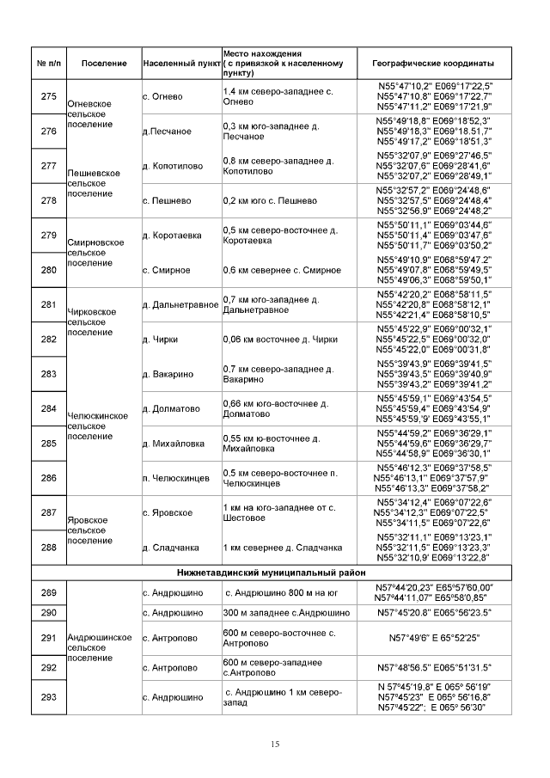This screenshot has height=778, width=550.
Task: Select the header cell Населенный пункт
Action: tap(180, 64)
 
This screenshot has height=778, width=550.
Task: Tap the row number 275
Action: tap(49, 96)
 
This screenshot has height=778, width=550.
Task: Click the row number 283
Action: tap(49, 374)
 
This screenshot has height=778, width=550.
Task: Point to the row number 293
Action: tap(49, 697)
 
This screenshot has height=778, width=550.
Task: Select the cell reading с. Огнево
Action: tap(162, 96)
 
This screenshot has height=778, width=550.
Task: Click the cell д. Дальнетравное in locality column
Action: tap(180, 305)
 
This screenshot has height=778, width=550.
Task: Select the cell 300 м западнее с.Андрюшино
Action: tap(285, 613)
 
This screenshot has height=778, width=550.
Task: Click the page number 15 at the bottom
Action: tap(275, 744)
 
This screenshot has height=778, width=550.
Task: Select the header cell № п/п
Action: tap(49, 64)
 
